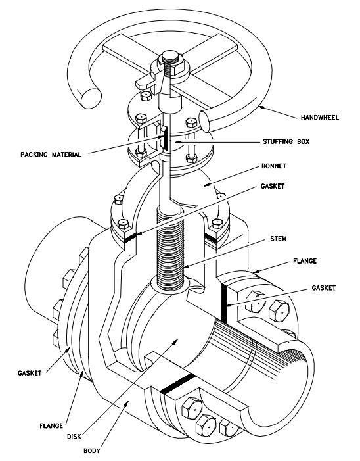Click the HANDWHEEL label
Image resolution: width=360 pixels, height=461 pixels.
[320, 118]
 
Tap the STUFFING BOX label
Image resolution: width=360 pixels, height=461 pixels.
[286, 141]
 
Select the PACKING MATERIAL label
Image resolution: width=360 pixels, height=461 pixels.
[51, 155]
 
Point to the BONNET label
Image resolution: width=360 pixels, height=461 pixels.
[274, 166]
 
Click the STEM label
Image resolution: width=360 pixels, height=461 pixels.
[279, 239]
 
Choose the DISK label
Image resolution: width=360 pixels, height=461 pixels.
[74, 437]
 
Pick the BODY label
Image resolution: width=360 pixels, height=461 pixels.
[92, 450]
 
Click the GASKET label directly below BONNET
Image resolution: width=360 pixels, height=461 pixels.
[272, 186]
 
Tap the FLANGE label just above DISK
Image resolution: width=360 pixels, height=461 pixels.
[51, 425]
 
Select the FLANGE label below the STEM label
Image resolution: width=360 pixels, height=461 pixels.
[305, 261]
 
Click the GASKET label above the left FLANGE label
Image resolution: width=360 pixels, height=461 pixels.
[30, 373]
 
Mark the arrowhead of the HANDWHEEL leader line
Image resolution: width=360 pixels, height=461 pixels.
[261, 108]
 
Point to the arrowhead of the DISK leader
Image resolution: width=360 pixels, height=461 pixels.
[175, 341]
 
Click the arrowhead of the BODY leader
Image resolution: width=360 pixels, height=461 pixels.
[127, 403]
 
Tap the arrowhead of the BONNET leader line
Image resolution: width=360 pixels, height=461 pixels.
[208, 185]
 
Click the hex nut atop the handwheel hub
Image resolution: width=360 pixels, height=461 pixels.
[170, 61]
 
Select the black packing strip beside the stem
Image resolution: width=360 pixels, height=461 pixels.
[166, 138]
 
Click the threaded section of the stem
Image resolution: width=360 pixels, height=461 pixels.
[170, 249]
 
